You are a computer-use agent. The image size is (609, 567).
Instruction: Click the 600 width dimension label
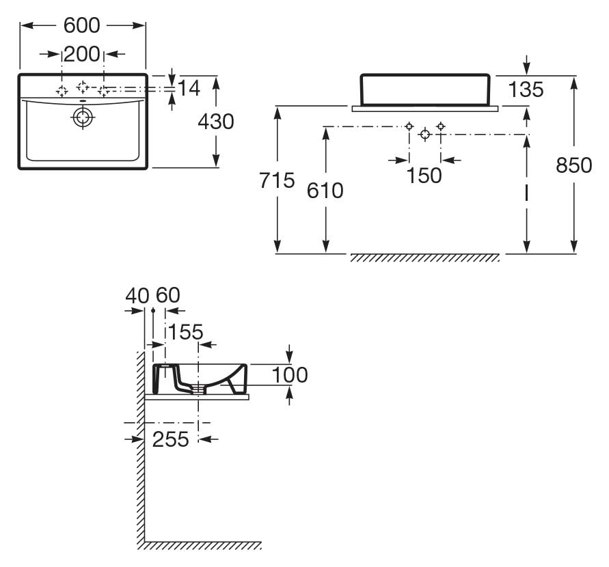82,25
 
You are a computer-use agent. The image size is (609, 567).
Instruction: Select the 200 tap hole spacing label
82,54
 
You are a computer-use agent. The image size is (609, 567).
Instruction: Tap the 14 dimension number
189,88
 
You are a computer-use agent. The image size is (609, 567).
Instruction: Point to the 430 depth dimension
216,122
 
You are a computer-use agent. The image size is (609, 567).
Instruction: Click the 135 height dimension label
526,89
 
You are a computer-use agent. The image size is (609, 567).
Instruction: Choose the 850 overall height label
573,165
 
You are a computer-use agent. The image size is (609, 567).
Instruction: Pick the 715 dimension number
278,180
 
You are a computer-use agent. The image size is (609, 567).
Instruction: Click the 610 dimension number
325,191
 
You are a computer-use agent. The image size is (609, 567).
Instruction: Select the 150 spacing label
424,176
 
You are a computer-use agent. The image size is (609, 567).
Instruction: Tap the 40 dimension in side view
137,296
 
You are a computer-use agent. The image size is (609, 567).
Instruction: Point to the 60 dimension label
168,295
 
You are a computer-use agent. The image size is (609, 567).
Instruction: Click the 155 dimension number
185,332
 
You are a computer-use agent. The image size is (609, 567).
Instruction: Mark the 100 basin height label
290,375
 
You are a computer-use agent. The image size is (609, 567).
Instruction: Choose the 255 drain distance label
170,439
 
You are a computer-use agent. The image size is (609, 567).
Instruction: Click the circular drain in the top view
83,117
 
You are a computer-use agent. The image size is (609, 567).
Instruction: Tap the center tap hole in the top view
82,87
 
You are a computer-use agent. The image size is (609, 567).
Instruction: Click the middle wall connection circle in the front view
425,135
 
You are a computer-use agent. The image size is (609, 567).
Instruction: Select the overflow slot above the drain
83,102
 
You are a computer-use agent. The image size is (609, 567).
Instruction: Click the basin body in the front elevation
425,89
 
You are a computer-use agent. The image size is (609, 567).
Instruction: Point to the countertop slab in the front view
425,109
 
